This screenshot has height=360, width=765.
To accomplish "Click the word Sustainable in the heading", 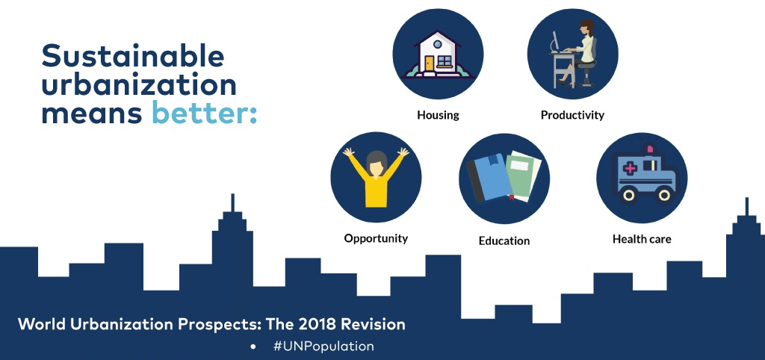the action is tap(133, 55).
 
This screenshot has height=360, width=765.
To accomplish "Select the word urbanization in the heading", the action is tap(139, 84).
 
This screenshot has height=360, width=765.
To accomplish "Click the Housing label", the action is tap(438, 115).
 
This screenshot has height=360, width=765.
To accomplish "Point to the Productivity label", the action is tap(572, 115).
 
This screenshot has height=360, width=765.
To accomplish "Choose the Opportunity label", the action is tap(376, 238).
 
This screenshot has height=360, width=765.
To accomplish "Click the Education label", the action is tap(504, 240).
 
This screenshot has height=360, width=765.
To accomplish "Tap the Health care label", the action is tap(642, 239).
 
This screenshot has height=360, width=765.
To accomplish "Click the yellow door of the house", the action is tap(429, 63).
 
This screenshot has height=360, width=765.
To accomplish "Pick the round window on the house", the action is tap(438, 44).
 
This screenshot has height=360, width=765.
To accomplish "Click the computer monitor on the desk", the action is tap(555, 41).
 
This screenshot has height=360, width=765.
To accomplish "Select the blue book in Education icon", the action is tap(489, 177).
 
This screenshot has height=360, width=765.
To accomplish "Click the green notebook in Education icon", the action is tap(523, 176).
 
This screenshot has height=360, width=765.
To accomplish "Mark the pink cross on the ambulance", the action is tap(630, 169).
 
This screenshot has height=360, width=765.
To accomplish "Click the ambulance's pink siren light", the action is tap(650, 150).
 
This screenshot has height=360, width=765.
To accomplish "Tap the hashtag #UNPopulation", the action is tap(323, 347).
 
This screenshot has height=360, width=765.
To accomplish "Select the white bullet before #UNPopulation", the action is tap(253, 347).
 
